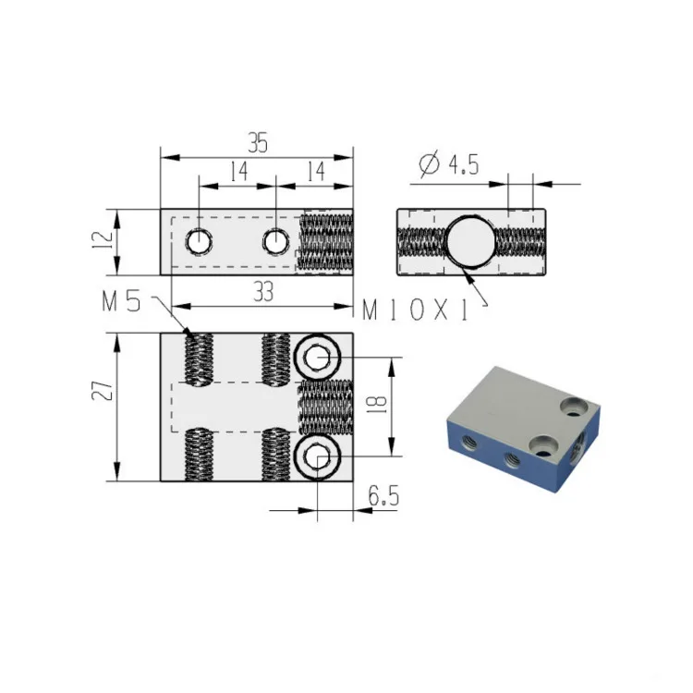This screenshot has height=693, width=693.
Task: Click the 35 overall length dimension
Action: pyautogui.click(x=258, y=142)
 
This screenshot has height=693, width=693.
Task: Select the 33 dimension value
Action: pyautogui.click(x=263, y=292)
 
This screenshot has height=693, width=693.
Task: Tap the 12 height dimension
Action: pyautogui.click(x=103, y=239)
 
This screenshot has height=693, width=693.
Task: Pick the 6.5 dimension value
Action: pyautogui.click(x=383, y=495)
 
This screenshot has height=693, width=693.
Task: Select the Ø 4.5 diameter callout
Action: pyautogui.click(x=448, y=164)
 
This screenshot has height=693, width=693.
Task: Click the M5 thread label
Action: pyautogui.click(x=121, y=302)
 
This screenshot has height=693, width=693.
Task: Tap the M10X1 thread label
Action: pyautogui.click(x=415, y=310)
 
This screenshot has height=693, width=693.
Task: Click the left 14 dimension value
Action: pyautogui.click(x=239, y=172)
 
